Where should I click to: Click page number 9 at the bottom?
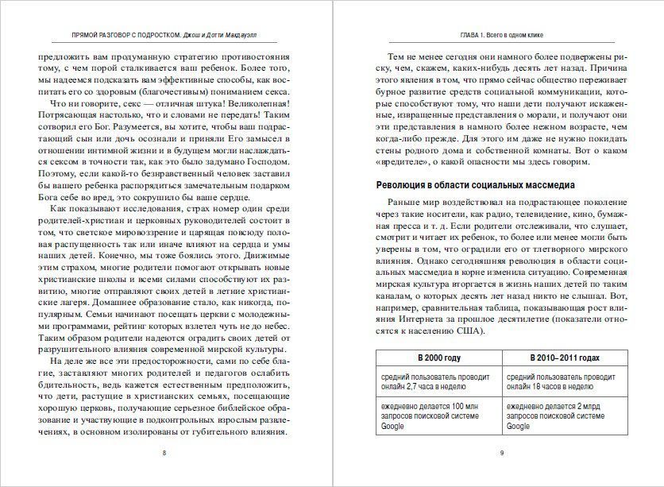(x=501, y=453)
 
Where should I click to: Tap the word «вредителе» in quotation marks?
(x=403, y=164)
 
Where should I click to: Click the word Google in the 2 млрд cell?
(x=518, y=427)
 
